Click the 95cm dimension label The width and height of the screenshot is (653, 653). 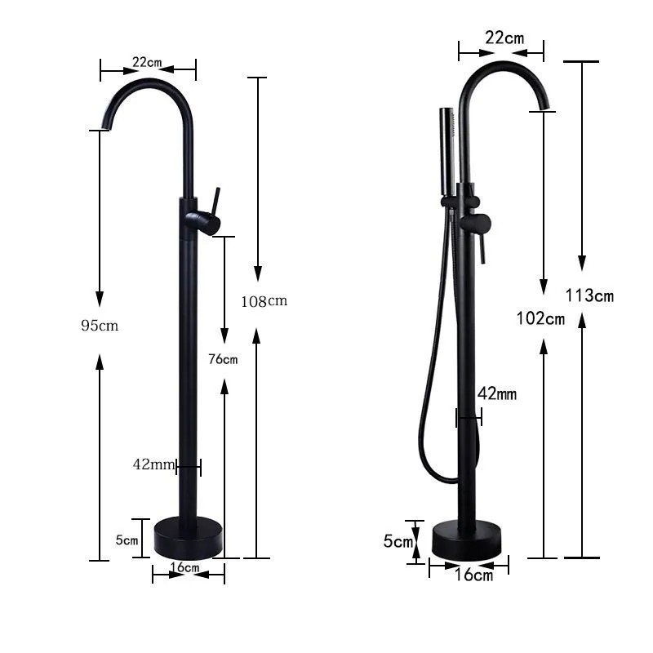pos(100,325)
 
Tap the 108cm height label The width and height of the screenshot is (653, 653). pos(264,301)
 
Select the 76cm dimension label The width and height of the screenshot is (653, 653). pos(223,359)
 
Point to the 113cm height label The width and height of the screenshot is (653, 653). pos(589,295)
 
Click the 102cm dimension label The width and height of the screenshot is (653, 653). pos(540,318)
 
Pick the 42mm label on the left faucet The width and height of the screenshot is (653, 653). pos(153,464)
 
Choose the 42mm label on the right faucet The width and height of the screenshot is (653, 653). pos(497,393)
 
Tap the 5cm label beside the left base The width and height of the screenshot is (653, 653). pos(127,540)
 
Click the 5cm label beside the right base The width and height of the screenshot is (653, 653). pos(398,541)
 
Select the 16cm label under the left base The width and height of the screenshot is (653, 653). pos(185,567)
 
